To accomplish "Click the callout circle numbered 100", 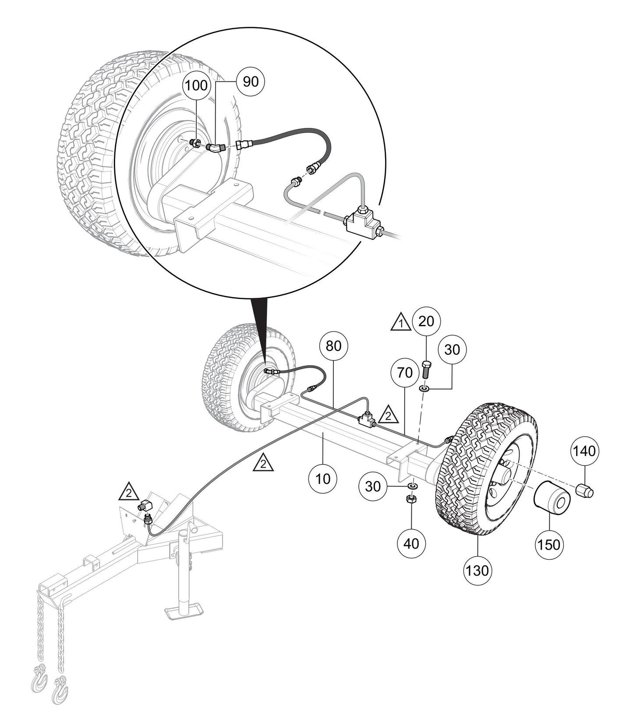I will [x=195, y=85].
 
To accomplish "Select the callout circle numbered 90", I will [x=250, y=81].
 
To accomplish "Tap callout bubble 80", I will [x=334, y=346].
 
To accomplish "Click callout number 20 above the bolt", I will [x=426, y=321].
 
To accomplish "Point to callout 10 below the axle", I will [x=323, y=479].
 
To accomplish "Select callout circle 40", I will [x=411, y=543].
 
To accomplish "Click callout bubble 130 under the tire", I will [x=477, y=571].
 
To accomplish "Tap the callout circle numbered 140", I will [x=584, y=450].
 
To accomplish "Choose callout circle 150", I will [x=548, y=544].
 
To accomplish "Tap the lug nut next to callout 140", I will [x=584, y=490].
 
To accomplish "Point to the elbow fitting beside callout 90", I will [x=216, y=148].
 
